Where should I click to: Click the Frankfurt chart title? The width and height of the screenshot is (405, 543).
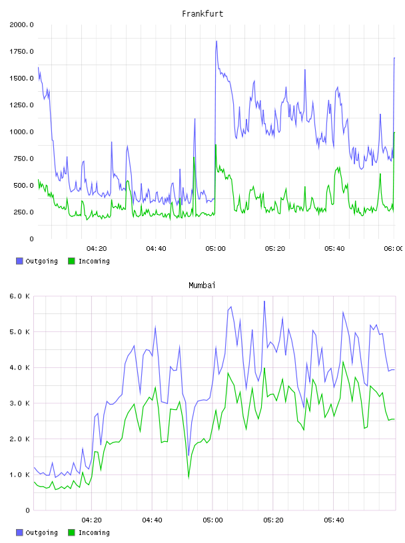click(x=202, y=14)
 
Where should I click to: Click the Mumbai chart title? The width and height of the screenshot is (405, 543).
click(x=202, y=285)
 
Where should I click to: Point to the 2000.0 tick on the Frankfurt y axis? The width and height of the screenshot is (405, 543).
click(x=21, y=25)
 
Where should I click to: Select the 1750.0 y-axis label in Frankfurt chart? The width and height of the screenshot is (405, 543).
click(x=21, y=52)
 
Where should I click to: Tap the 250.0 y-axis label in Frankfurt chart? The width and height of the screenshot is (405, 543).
click(x=23, y=212)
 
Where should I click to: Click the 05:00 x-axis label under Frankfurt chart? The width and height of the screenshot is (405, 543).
click(x=215, y=249)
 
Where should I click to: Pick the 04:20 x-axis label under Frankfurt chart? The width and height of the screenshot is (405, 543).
click(x=97, y=249)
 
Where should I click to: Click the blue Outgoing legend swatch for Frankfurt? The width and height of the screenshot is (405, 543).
click(x=19, y=261)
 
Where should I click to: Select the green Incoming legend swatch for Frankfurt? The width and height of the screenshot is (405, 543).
click(x=71, y=261)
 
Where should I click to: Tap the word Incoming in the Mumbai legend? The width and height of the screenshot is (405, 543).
click(x=94, y=532)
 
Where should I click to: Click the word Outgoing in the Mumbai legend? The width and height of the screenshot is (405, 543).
click(x=41, y=532)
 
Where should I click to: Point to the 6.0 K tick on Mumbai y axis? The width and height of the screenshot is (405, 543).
click(x=19, y=296)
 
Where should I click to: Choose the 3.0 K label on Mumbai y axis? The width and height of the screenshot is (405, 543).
click(x=19, y=403)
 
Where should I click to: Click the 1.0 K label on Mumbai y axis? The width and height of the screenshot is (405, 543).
click(x=19, y=474)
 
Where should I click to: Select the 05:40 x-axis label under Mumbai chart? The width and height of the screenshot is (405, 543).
click(x=334, y=520)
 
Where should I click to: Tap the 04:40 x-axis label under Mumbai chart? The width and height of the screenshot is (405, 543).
click(x=153, y=520)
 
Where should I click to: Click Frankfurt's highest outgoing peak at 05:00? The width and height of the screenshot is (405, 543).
click(x=216, y=41)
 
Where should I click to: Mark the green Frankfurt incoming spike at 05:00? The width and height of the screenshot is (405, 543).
click(x=216, y=145)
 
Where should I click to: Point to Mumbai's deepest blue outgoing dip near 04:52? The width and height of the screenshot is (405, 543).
click(x=189, y=455)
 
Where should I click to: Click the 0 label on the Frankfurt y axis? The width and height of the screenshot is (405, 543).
click(x=31, y=239)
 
